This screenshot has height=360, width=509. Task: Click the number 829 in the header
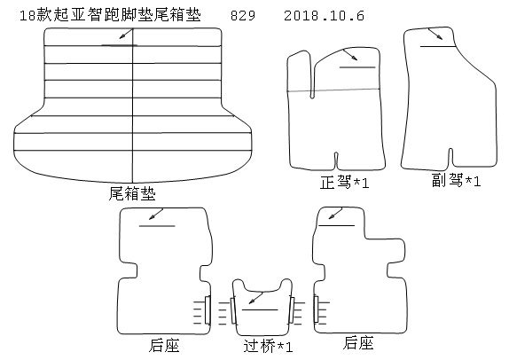tap(243, 16)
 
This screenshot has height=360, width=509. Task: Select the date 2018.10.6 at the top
tap(324, 16)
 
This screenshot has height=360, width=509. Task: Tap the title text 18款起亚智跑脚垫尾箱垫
tap(110, 15)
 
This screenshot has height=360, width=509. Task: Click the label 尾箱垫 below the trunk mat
tap(132, 193)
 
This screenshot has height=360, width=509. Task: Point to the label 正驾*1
tap(345, 183)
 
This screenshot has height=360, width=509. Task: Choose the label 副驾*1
tap(456, 180)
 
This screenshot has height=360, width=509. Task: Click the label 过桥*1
tap(268, 346)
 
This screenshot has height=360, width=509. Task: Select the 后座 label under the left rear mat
tap(164, 345)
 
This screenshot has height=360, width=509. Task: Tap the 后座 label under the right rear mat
tap(358, 343)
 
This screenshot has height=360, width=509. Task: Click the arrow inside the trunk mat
tap(126, 34)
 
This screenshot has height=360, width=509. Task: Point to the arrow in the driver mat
tap(350, 55)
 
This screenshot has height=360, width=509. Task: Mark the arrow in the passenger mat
tap(435, 34)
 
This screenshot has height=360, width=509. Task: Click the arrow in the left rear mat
tap(156, 214)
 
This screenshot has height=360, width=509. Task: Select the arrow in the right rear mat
tap(335, 214)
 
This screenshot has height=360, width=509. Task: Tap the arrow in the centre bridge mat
tap(255, 298)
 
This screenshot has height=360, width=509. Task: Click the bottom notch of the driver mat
tap(336, 160)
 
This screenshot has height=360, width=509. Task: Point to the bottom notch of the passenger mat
tap(450, 157)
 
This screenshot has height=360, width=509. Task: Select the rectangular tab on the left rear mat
tap(208, 309)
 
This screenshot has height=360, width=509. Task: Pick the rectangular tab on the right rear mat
tap(316, 309)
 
